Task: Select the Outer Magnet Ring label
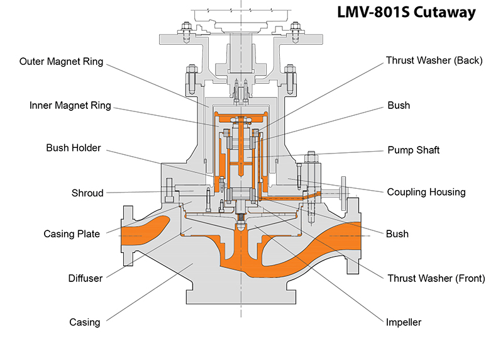(61, 62)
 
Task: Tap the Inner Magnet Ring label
(70, 105)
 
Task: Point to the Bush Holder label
(73, 149)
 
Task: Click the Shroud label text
(87, 193)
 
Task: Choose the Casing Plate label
(72, 234)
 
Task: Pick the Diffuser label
(85, 278)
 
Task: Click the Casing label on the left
(84, 322)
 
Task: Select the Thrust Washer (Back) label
(434, 61)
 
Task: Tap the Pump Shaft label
(413, 150)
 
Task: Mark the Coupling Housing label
(426, 192)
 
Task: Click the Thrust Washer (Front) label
(436, 278)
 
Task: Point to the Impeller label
(404, 322)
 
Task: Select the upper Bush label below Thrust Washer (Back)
(398, 106)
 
